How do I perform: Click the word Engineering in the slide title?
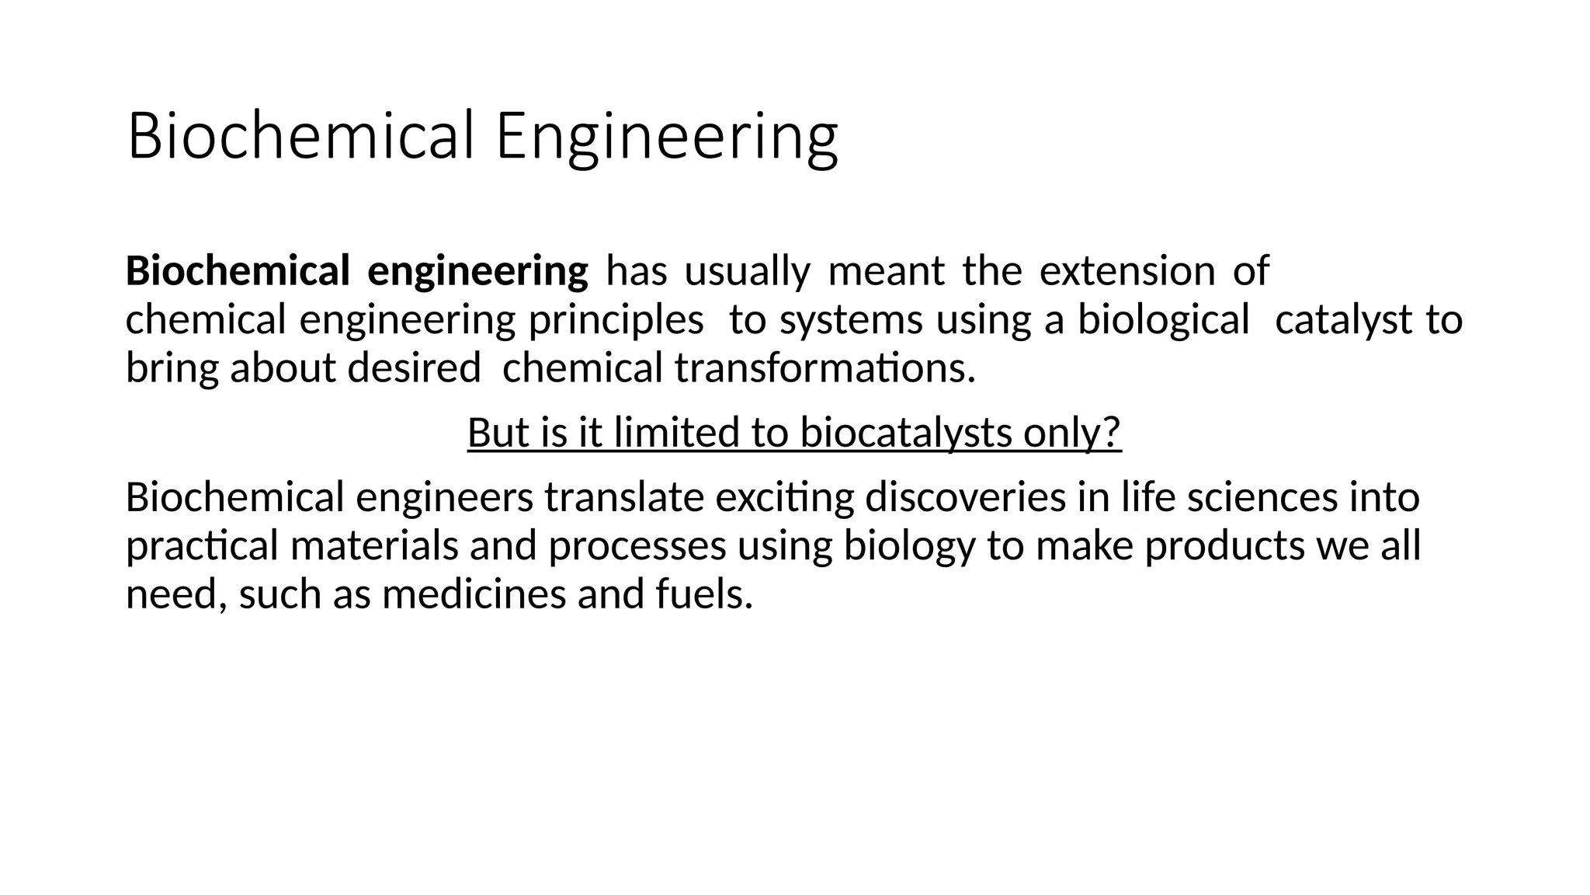click(667, 137)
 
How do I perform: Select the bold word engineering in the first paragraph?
click(477, 272)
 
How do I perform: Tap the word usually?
click(747, 272)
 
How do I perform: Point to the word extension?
click(1127, 272)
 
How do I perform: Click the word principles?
click(616, 320)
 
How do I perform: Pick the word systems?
click(851, 320)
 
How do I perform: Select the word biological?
click(1163, 320)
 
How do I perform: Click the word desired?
click(414, 368)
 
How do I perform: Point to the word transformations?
click(825, 368)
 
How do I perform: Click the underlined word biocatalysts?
click(906, 433)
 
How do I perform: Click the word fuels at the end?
click(704, 594)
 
